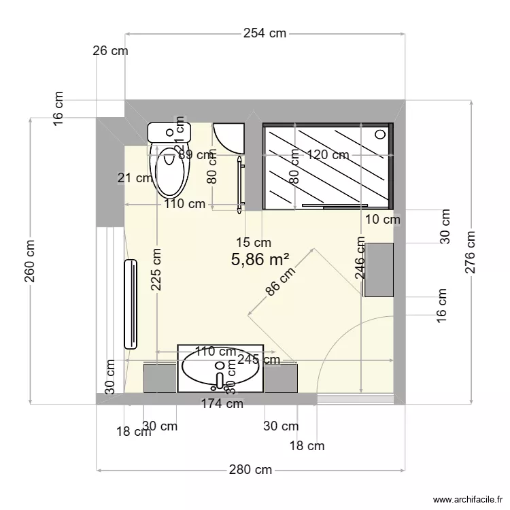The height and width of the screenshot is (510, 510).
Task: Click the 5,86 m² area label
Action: click(x=260, y=259)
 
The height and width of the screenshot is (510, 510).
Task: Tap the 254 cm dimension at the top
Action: click(x=265, y=33)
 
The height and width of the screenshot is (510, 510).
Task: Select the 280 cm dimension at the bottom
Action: click(x=250, y=470)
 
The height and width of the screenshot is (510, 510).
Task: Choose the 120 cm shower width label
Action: click(x=327, y=155)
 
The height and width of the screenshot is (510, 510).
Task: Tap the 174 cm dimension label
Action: click(x=222, y=404)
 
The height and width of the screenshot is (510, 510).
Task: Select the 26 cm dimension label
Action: click(x=110, y=50)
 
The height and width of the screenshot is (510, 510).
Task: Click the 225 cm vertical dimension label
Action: click(x=157, y=270)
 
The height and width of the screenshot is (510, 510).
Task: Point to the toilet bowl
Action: click(x=169, y=173)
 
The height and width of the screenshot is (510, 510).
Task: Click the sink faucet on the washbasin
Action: click(x=219, y=379)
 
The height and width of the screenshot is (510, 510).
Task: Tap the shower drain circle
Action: click(x=379, y=135)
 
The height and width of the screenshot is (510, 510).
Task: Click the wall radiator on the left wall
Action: click(x=129, y=304)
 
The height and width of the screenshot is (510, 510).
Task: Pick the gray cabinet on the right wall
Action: click(x=379, y=269)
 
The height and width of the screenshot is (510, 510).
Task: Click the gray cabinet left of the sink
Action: click(x=160, y=378)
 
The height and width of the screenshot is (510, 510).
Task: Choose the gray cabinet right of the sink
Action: click(x=280, y=378)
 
